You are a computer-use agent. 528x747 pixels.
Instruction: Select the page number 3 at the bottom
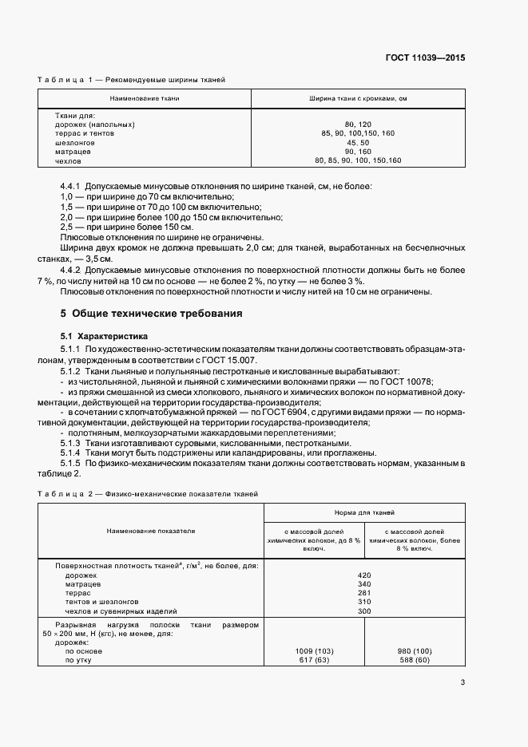(462, 682)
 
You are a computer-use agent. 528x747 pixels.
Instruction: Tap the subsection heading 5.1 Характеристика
(104, 336)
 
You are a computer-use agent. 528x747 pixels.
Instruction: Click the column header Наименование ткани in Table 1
(145, 98)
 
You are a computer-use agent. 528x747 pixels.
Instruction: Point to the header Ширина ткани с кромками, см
(359, 98)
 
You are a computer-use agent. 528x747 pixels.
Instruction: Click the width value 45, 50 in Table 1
(358, 143)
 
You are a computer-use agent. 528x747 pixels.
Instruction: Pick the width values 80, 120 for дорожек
(358, 125)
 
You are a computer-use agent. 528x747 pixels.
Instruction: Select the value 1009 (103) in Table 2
(313, 651)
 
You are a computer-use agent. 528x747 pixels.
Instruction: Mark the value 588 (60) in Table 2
(414, 660)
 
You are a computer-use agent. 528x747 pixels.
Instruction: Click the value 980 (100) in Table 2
(414, 651)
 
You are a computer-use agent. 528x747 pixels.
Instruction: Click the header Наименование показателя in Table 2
(151, 530)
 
